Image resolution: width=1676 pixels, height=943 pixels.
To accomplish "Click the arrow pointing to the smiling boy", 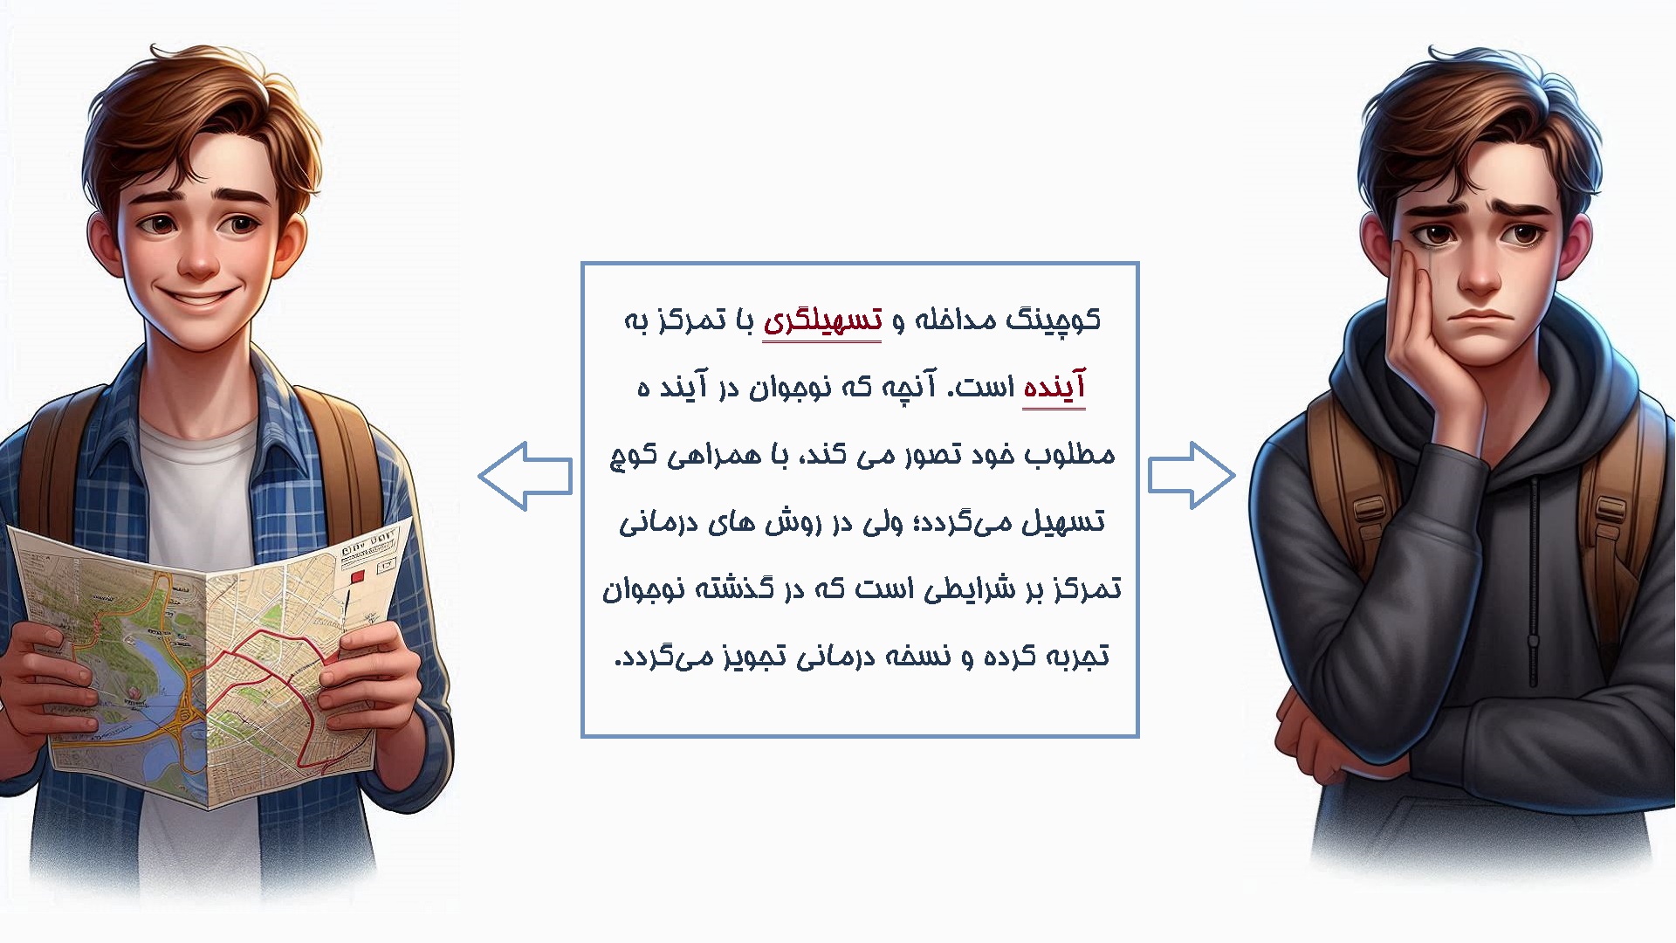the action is click(525, 476).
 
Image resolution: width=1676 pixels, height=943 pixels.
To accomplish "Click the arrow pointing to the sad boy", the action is click(1192, 476).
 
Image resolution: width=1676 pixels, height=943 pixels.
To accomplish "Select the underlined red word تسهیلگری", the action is click(822, 322).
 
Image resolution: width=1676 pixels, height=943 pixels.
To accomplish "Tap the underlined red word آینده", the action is click(1054, 388).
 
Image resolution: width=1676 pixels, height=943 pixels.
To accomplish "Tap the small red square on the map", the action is click(355, 576).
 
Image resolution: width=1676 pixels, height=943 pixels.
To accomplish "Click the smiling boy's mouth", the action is click(199, 298).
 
